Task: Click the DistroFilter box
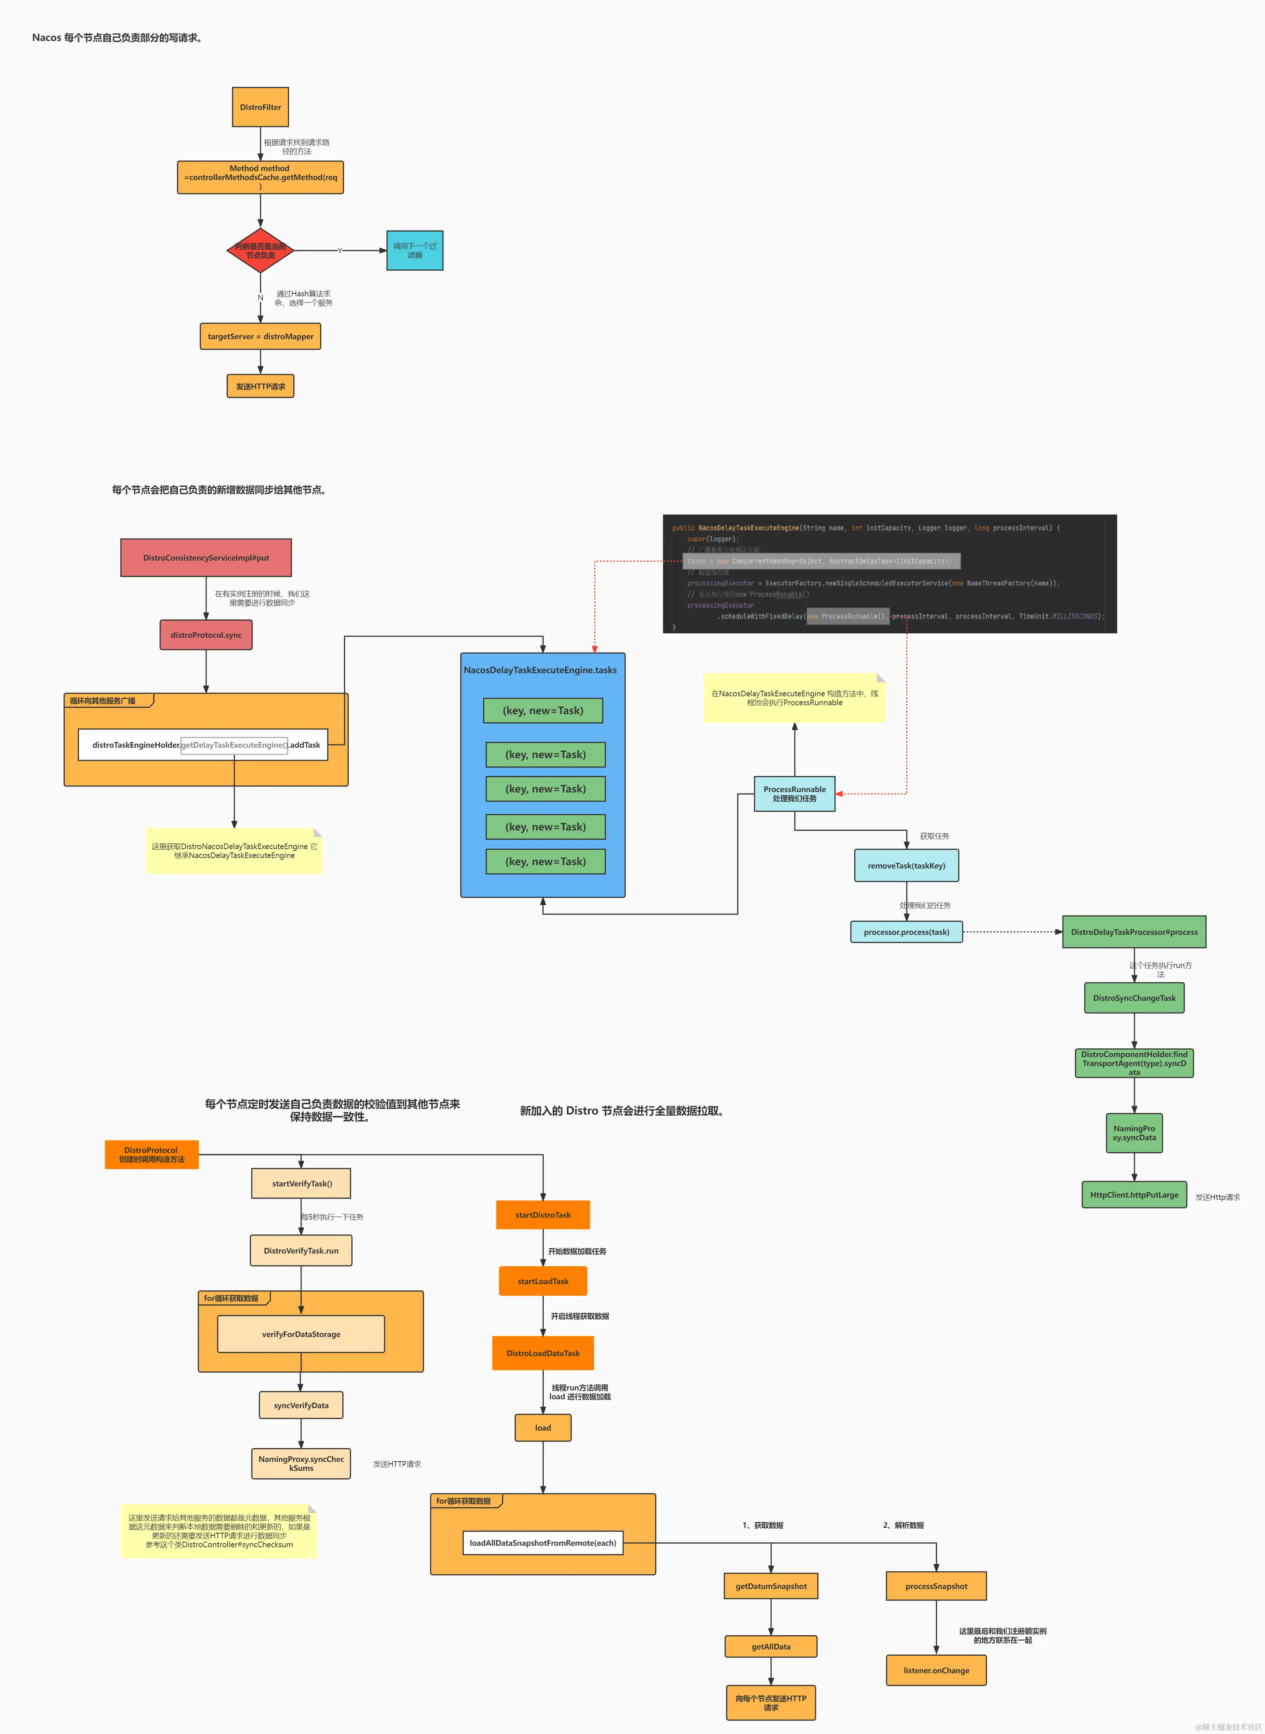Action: pyautogui.click(x=260, y=107)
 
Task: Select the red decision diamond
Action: pyautogui.click(x=260, y=250)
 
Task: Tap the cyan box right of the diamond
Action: pyautogui.click(x=414, y=250)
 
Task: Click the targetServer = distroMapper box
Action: pyautogui.click(x=260, y=336)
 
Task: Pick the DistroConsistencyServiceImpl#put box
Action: pyautogui.click(x=206, y=557)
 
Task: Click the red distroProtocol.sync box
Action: pyautogui.click(x=206, y=635)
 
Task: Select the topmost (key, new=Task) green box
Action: pyautogui.click(x=543, y=710)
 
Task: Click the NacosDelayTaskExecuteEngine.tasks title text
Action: pyautogui.click(x=540, y=670)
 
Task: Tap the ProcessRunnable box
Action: pyautogui.click(x=794, y=794)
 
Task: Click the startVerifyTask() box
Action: pyautogui.click(x=302, y=1183)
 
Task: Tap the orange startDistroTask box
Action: pyautogui.click(x=543, y=1215)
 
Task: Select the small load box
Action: pyautogui.click(x=543, y=1428)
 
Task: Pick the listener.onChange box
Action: pyautogui.click(x=936, y=1670)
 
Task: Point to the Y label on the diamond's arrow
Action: pyautogui.click(x=340, y=250)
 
